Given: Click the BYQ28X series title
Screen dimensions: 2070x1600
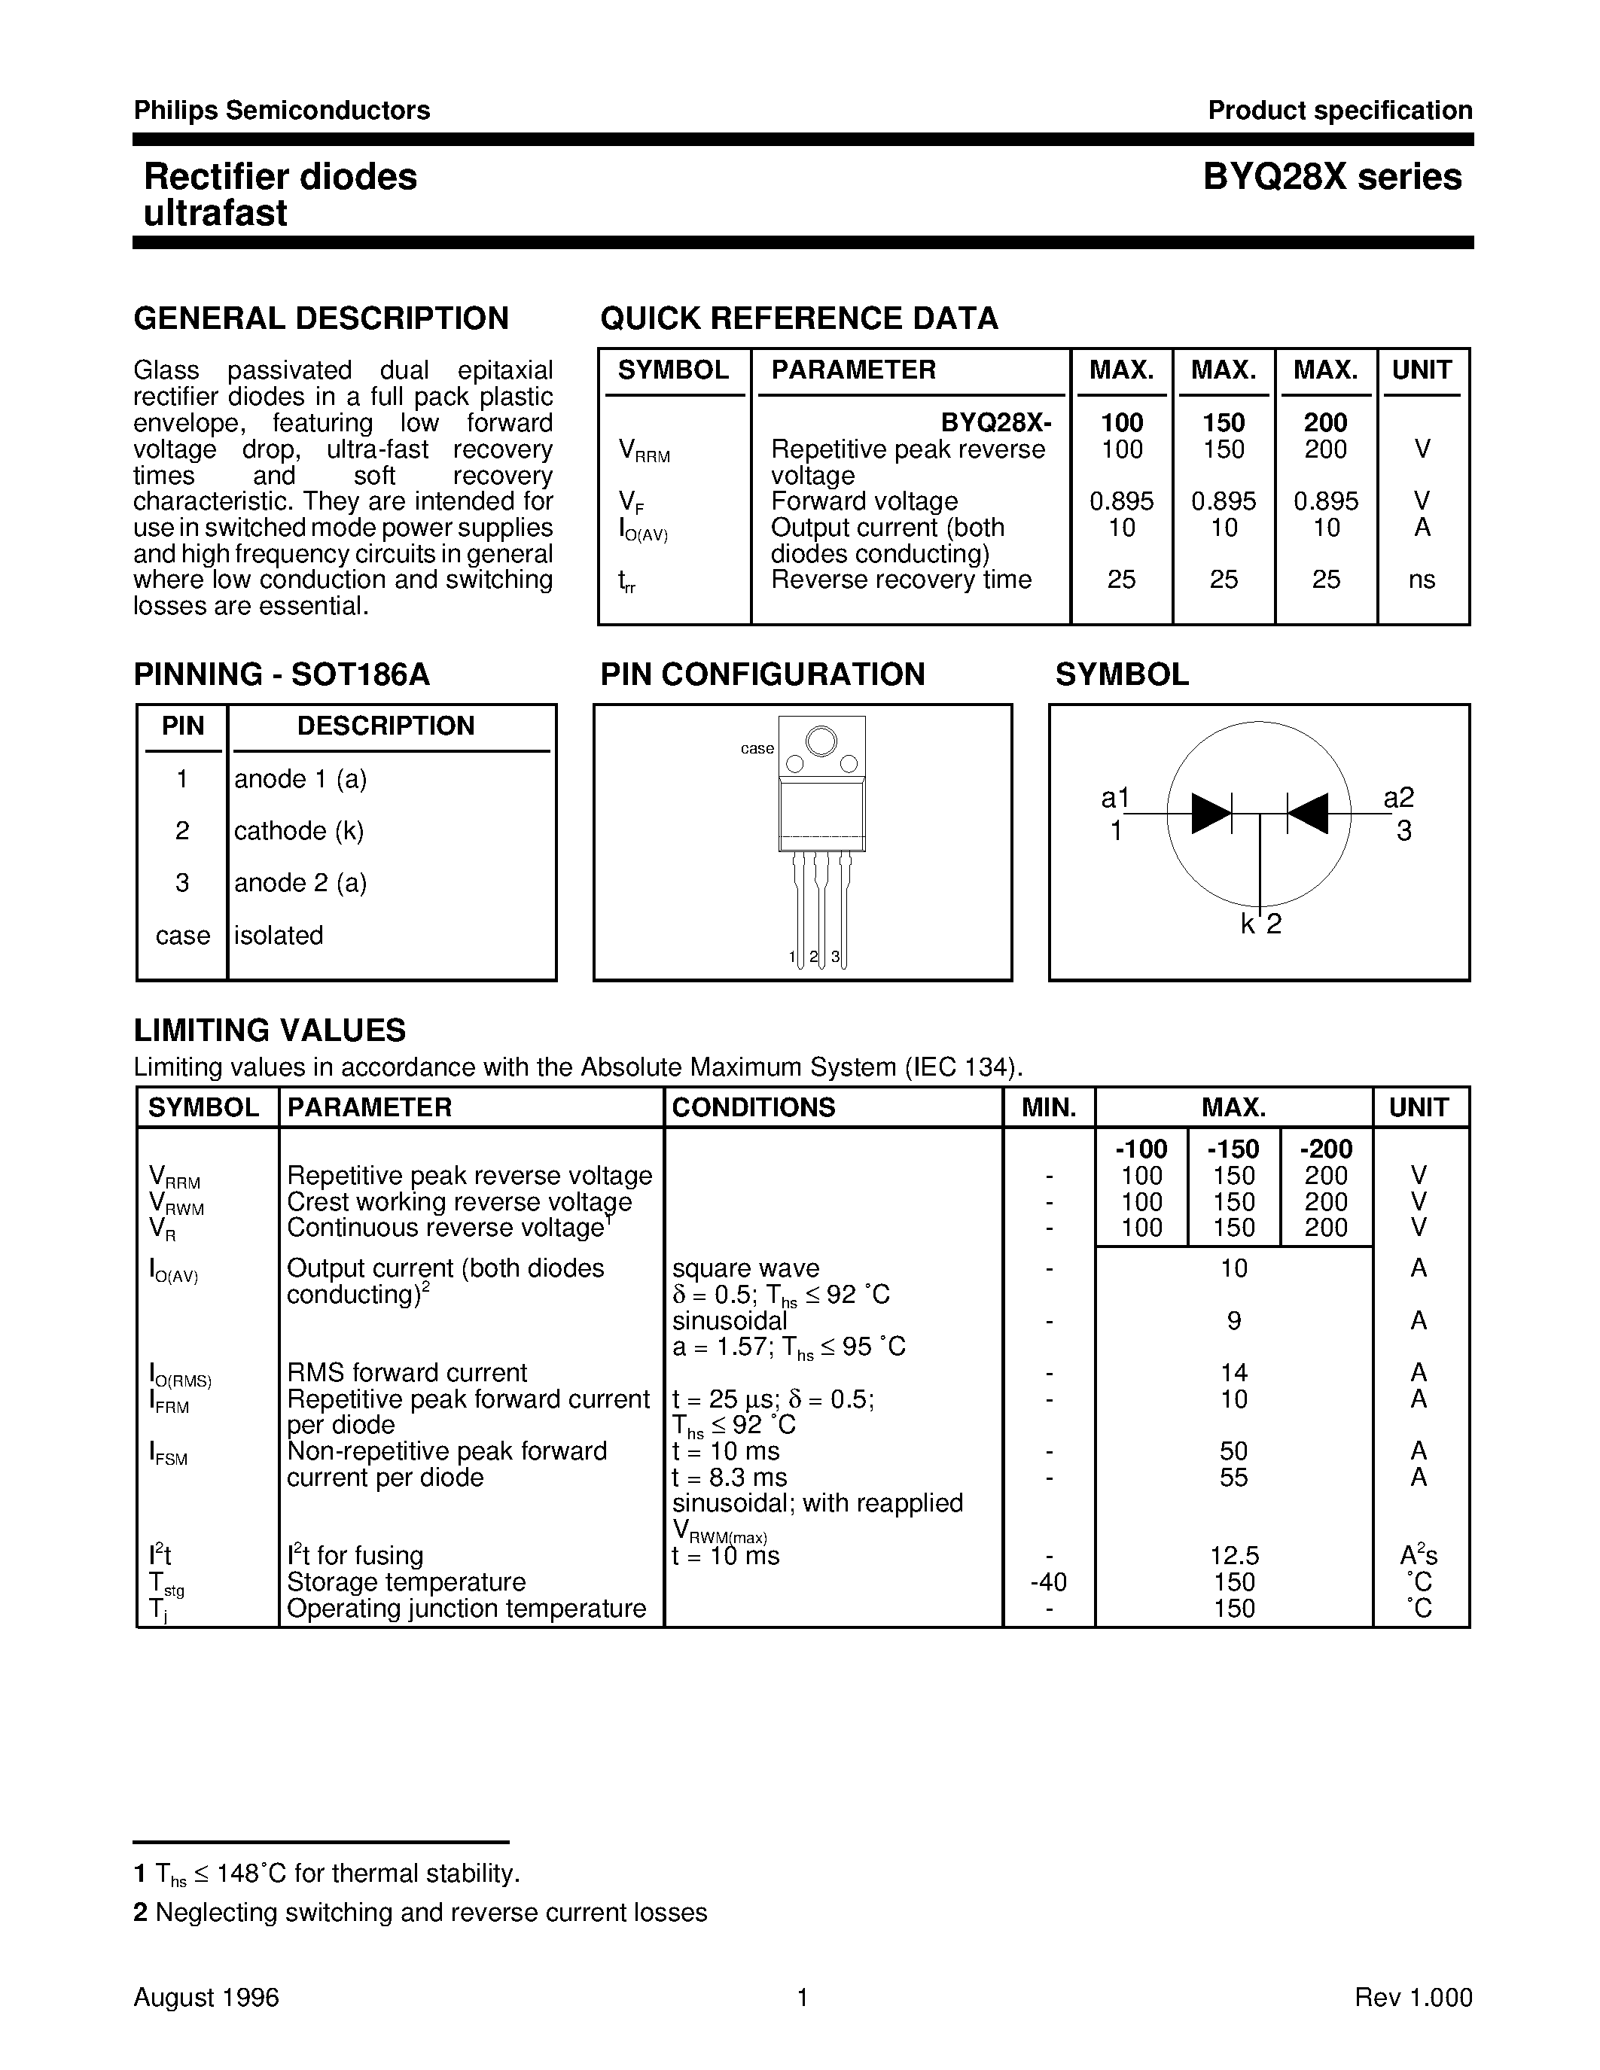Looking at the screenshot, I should pyautogui.click(x=1332, y=177).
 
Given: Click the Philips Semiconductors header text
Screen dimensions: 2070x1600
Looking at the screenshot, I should pyautogui.click(x=282, y=111).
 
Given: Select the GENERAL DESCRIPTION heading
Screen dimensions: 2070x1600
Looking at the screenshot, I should pyautogui.click(x=322, y=318).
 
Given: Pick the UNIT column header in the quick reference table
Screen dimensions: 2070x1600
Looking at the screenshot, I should pyautogui.click(x=1421, y=370).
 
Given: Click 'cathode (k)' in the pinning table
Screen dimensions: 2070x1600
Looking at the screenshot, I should pyautogui.click(x=299, y=830).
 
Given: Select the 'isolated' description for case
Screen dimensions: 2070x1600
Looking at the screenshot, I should pyautogui.click(x=279, y=935).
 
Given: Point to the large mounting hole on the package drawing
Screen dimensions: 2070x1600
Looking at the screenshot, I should pyautogui.click(x=821, y=740).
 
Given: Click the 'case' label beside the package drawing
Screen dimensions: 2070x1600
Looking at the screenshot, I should pyautogui.click(x=757, y=749).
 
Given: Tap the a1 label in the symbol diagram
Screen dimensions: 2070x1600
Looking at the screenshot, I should pyautogui.click(x=1116, y=798).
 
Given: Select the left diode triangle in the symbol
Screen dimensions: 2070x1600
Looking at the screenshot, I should pyautogui.click(x=1211, y=813).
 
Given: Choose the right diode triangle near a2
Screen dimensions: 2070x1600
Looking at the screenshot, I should pyautogui.click(x=1307, y=813).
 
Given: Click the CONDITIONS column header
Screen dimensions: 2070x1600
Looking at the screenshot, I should pyautogui.click(x=754, y=1107).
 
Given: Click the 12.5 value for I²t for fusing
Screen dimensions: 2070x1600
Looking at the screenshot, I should pyautogui.click(x=1233, y=1555).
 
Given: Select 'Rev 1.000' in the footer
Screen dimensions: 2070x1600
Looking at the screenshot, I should pyautogui.click(x=1413, y=1997).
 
